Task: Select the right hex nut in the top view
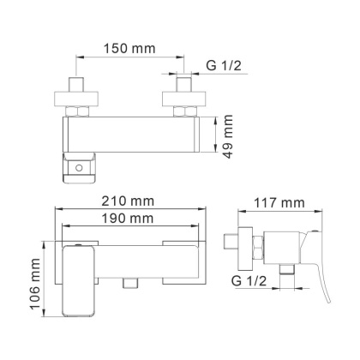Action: coord(185,111)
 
